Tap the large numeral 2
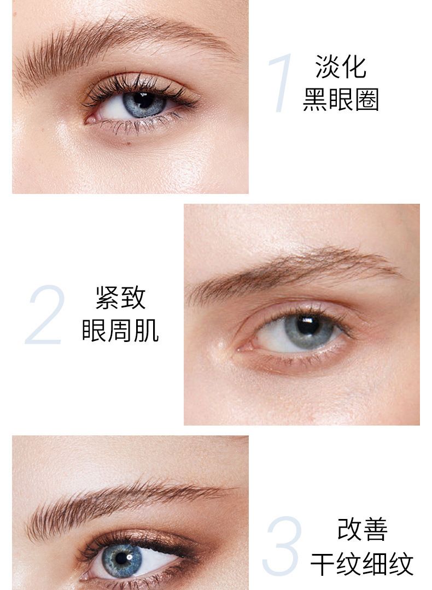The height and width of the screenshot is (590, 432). (44, 315)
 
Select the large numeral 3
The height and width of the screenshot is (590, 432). (282, 546)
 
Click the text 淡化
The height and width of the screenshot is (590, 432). (341, 67)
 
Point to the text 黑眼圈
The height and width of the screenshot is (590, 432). (341, 100)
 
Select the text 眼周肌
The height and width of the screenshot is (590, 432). (120, 331)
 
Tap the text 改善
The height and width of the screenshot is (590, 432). (362, 529)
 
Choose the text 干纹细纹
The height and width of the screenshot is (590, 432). (362, 563)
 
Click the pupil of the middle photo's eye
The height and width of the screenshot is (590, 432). (308, 325)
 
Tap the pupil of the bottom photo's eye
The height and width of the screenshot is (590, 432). (121, 558)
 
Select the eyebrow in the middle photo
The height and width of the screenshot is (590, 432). (294, 273)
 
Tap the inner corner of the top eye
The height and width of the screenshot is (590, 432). (89, 120)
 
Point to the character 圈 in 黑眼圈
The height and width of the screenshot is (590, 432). (366, 100)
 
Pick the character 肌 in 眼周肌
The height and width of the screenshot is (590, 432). (147, 331)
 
